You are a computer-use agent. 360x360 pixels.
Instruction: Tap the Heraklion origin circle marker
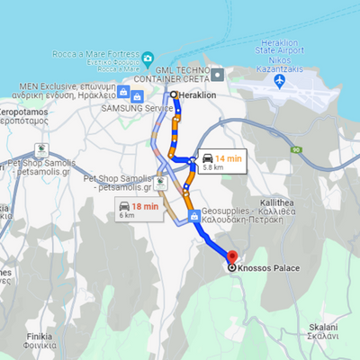[x=174, y=94]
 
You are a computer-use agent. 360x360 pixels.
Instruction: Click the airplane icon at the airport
[x=279, y=82]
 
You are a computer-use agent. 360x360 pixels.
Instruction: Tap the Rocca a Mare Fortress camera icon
[x=147, y=59]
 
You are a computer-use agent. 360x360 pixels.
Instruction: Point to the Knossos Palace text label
[x=267, y=268]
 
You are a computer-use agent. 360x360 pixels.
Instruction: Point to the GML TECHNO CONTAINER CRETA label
[x=194, y=73]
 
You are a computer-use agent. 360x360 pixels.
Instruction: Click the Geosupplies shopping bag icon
[x=193, y=216]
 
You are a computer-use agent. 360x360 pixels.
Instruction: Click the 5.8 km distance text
[x=214, y=167]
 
